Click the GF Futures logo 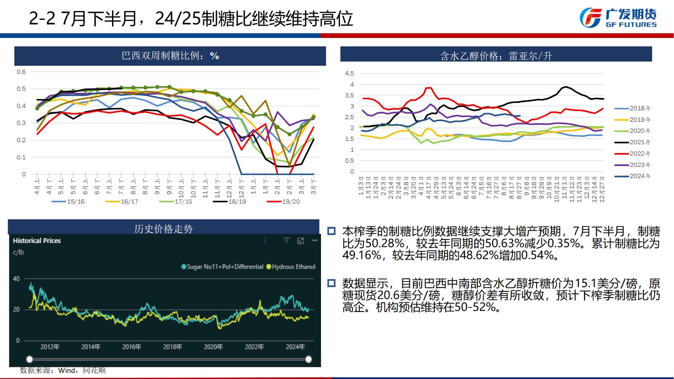point(618,18)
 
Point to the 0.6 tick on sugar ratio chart point(21,72)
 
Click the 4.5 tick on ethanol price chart point(349,73)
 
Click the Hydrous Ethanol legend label point(293,267)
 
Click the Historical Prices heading point(37,241)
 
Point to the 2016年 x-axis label point(131,347)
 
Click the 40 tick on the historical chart point(16,279)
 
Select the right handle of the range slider point(308,359)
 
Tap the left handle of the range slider point(29,359)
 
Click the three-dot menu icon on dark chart point(314,240)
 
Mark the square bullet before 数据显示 point(332,283)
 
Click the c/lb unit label point(19,252)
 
